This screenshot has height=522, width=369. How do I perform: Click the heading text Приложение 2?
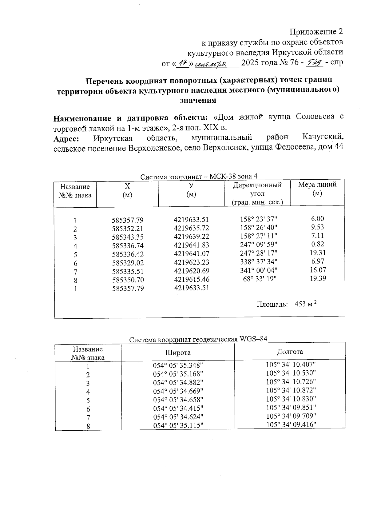[316, 32]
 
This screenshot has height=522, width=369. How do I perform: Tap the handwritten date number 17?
[184, 63]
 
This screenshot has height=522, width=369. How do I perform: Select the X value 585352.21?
[128, 229]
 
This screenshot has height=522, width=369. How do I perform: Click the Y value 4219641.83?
[191, 245]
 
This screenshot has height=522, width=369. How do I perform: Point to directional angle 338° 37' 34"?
[259, 261]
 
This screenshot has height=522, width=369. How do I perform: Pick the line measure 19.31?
[318, 253]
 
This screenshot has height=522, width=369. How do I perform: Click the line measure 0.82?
[317, 244]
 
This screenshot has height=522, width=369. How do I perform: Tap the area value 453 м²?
[305, 304]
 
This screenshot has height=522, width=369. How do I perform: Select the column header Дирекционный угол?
[257, 193]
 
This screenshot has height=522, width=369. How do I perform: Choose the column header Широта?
[178, 353]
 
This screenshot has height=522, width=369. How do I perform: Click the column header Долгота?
[290, 352]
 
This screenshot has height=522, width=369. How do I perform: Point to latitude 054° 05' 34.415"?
[178, 408]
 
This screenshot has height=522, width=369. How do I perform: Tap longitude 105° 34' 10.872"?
[291, 390]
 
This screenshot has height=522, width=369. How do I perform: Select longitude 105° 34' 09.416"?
[291, 425]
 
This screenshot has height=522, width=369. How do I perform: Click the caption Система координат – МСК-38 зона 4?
[199, 177]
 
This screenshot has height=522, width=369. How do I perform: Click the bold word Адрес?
[66, 139]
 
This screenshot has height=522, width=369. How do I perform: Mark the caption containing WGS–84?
[198, 339]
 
